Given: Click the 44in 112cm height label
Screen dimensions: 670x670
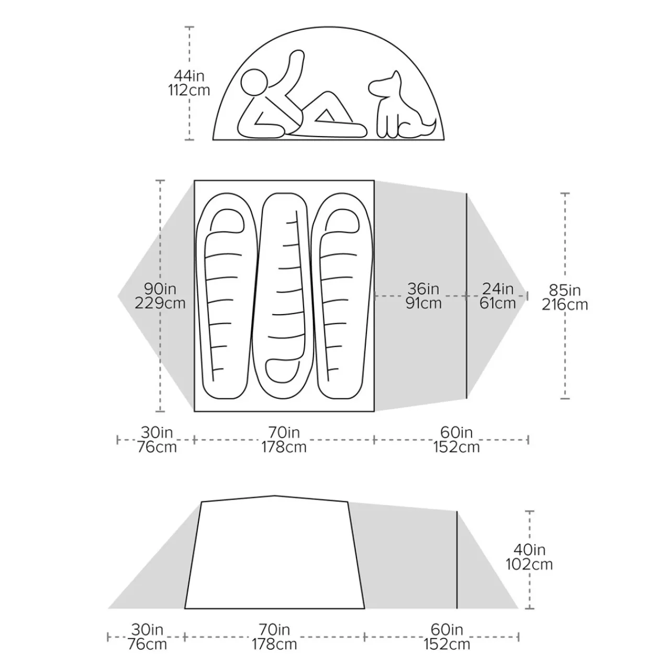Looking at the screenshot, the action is (x=189, y=83).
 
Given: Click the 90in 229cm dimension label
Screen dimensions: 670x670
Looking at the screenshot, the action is (x=160, y=296).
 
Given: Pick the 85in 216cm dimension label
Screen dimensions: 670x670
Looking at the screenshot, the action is (x=565, y=297).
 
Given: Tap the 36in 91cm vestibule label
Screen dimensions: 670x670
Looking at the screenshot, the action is (x=423, y=296).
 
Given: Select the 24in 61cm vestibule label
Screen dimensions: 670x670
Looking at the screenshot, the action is (x=498, y=296).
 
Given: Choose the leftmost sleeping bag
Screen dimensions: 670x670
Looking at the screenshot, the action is (x=227, y=296).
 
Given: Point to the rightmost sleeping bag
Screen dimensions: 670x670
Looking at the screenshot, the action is (x=342, y=296).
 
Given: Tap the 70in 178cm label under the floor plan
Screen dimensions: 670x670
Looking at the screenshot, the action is (x=284, y=440).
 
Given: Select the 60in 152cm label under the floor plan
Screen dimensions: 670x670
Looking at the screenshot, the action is (x=456, y=440).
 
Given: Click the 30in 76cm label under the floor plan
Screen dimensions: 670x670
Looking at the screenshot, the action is (x=157, y=440).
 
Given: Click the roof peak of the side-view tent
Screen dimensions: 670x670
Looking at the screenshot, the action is (x=275, y=496).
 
